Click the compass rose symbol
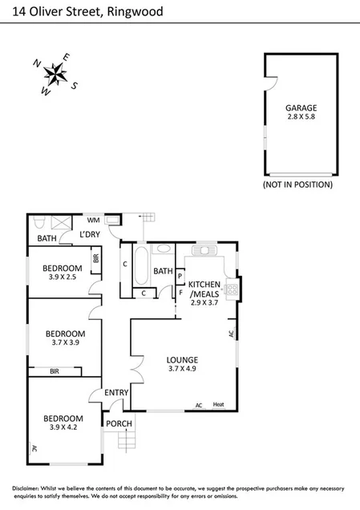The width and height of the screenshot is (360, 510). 55,74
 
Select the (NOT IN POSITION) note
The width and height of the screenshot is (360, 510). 297,184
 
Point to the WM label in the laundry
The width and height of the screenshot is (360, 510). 92,219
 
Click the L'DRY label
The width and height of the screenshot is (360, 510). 89,234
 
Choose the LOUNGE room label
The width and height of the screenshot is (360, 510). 182,359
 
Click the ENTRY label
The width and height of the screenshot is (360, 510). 116,392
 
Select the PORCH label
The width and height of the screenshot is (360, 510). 119,423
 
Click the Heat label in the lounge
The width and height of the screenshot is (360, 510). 219,405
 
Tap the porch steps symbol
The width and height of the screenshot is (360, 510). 126,440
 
